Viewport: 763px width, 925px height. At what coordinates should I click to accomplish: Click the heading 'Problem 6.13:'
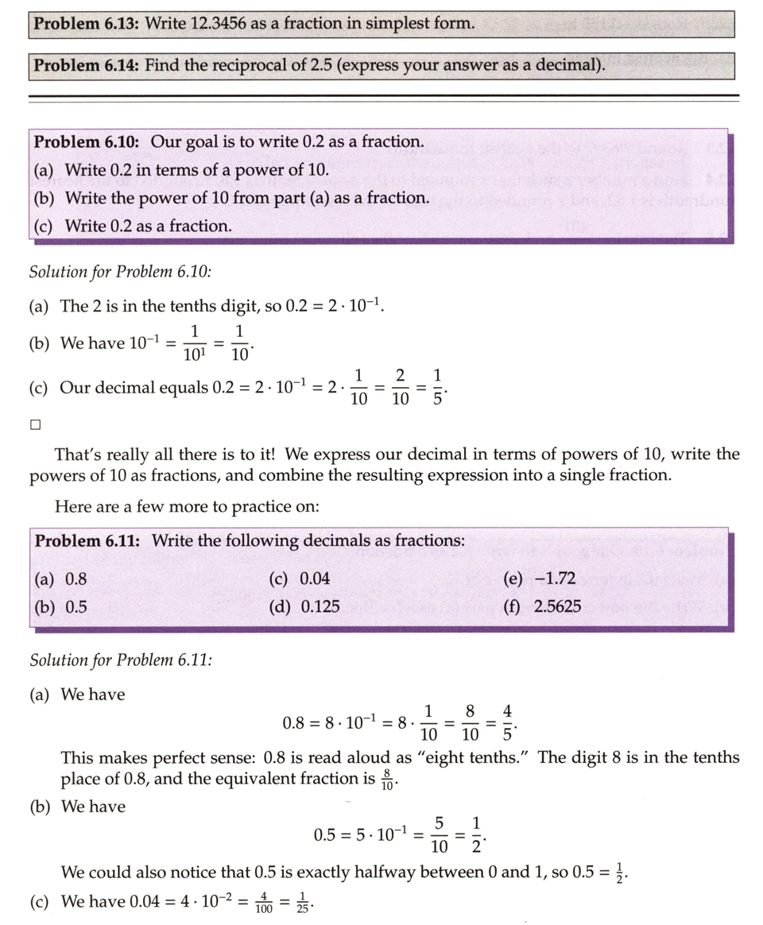pyautogui.click(x=87, y=24)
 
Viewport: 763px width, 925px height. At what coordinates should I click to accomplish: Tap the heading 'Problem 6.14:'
pyautogui.click(x=87, y=65)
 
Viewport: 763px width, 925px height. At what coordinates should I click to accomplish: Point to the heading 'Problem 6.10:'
pyautogui.click(x=87, y=142)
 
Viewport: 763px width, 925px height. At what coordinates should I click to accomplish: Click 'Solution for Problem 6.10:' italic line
pyautogui.click(x=120, y=272)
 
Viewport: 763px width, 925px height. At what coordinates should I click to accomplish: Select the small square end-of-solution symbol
pyautogui.click(x=35, y=424)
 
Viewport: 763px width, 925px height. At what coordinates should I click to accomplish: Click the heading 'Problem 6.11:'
pyautogui.click(x=87, y=541)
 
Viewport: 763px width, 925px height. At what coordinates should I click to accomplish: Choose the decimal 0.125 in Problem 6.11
pyautogui.click(x=320, y=607)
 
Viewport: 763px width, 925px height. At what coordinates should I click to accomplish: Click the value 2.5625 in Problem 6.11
pyautogui.click(x=557, y=607)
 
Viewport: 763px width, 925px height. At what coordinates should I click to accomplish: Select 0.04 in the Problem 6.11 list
pyautogui.click(x=315, y=579)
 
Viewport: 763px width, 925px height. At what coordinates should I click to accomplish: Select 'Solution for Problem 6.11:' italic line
pyautogui.click(x=120, y=660)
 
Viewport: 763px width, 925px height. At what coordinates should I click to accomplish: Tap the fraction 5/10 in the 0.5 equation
pyautogui.click(x=439, y=834)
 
